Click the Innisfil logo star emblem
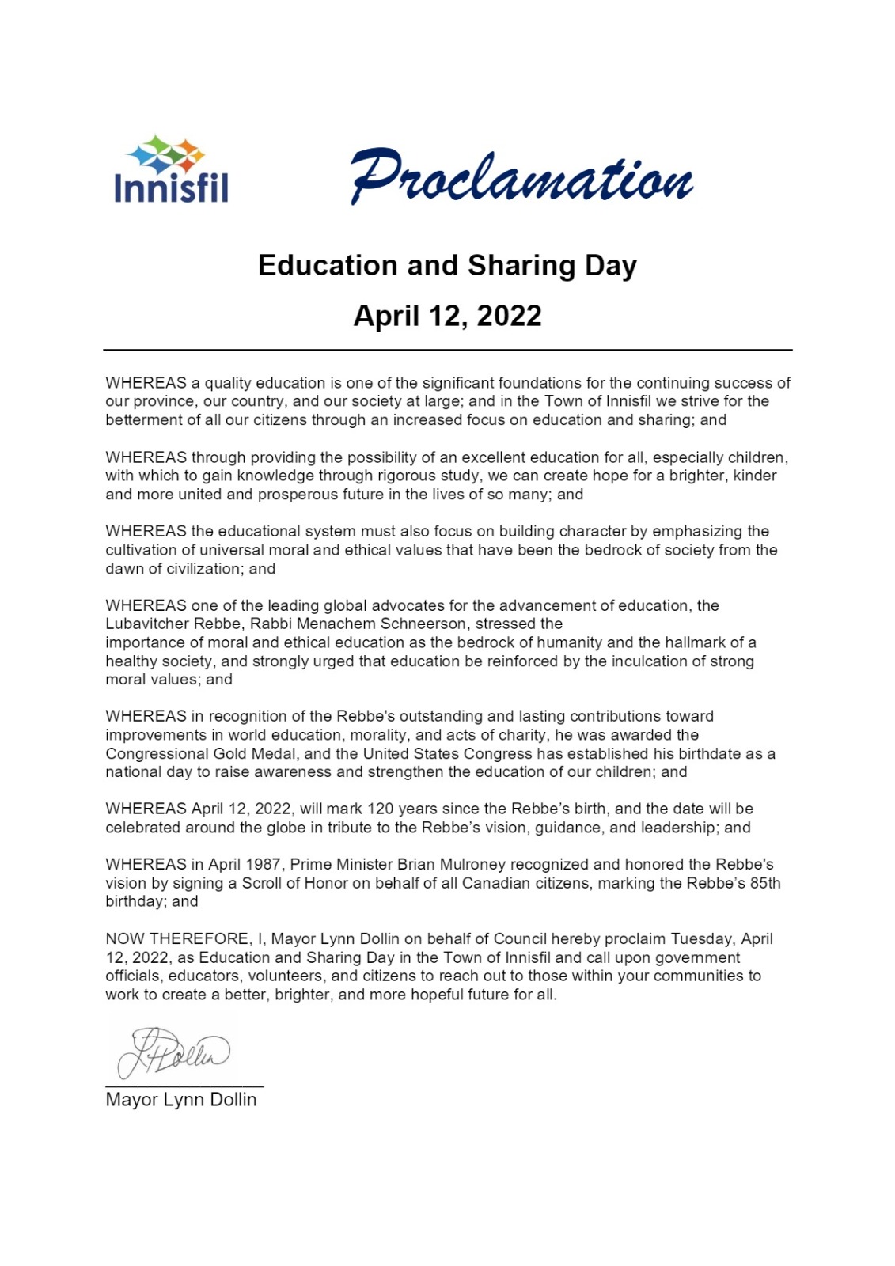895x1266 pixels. click(x=165, y=154)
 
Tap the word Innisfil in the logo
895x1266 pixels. click(x=171, y=189)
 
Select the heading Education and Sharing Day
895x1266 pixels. click(x=447, y=265)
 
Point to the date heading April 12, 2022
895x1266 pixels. click(x=447, y=316)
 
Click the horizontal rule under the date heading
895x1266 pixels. click(x=447, y=350)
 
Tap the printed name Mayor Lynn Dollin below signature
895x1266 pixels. click(x=181, y=1100)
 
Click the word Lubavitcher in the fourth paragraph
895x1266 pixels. click(x=146, y=624)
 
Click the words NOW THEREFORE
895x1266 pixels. click(x=178, y=938)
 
